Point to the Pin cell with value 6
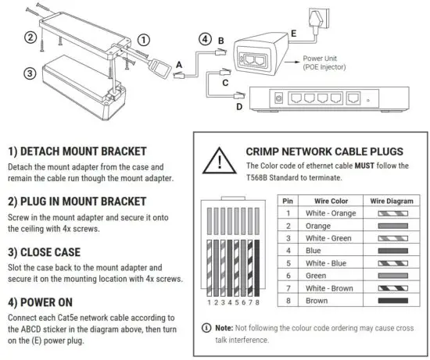[290, 275]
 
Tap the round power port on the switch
[279, 98]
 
